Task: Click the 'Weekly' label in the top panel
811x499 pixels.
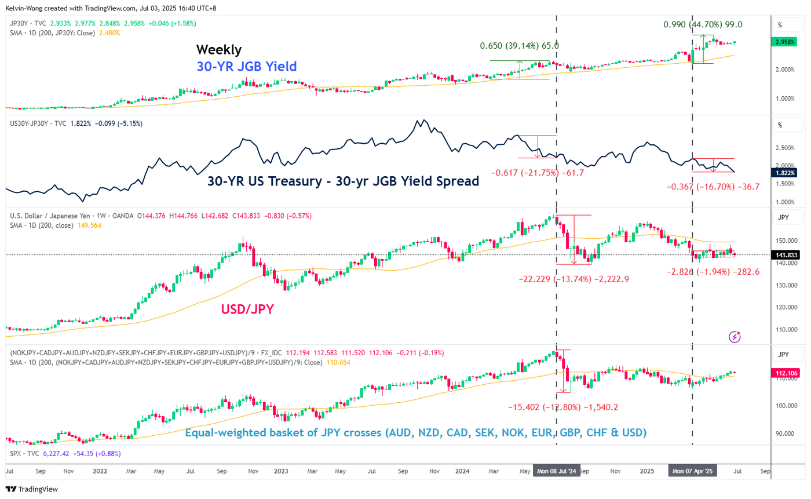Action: click(219, 49)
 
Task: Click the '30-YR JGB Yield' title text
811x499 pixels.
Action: click(247, 67)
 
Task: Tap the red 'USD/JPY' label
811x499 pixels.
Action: click(247, 310)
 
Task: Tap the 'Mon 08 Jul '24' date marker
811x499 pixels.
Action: click(556, 472)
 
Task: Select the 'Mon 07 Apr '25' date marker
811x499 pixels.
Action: click(692, 472)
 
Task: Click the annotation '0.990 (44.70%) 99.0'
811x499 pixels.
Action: click(703, 25)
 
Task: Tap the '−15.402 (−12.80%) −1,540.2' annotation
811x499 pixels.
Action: click(562, 407)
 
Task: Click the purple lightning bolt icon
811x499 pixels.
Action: click(735, 336)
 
